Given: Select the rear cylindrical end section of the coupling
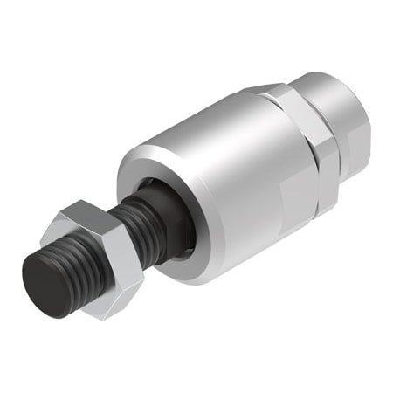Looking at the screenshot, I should [x=345, y=131].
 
